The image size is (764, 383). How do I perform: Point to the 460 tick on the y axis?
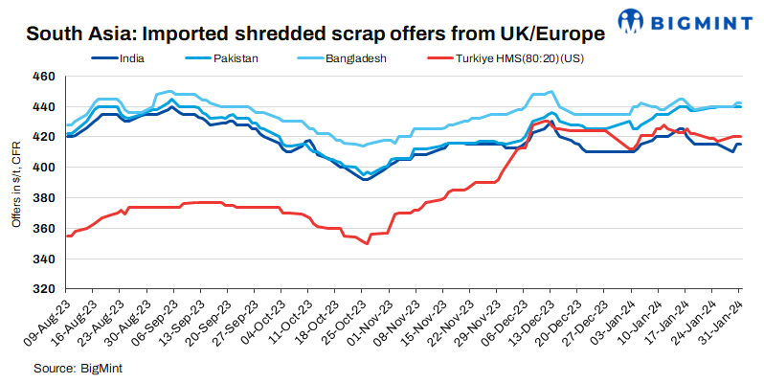(x=44, y=76)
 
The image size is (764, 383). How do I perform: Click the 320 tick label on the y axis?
(x=44, y=288)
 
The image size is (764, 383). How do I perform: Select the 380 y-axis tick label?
(x=44, y=197)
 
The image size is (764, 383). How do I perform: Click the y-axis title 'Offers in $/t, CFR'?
(x=15, y=182)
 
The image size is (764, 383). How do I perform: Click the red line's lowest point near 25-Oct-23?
(x=367, y=243)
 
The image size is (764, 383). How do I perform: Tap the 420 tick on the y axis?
(x=44, y=137)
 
